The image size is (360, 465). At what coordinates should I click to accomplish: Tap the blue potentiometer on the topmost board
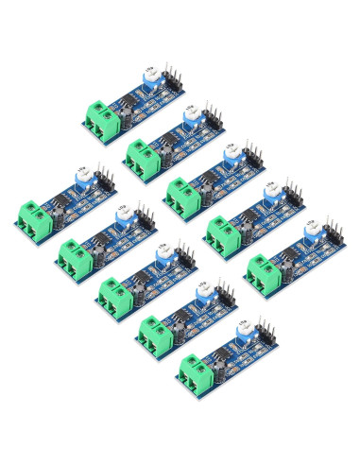click(x=150, y=90)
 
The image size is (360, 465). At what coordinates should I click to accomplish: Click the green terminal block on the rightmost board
click(x=264, y=275)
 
